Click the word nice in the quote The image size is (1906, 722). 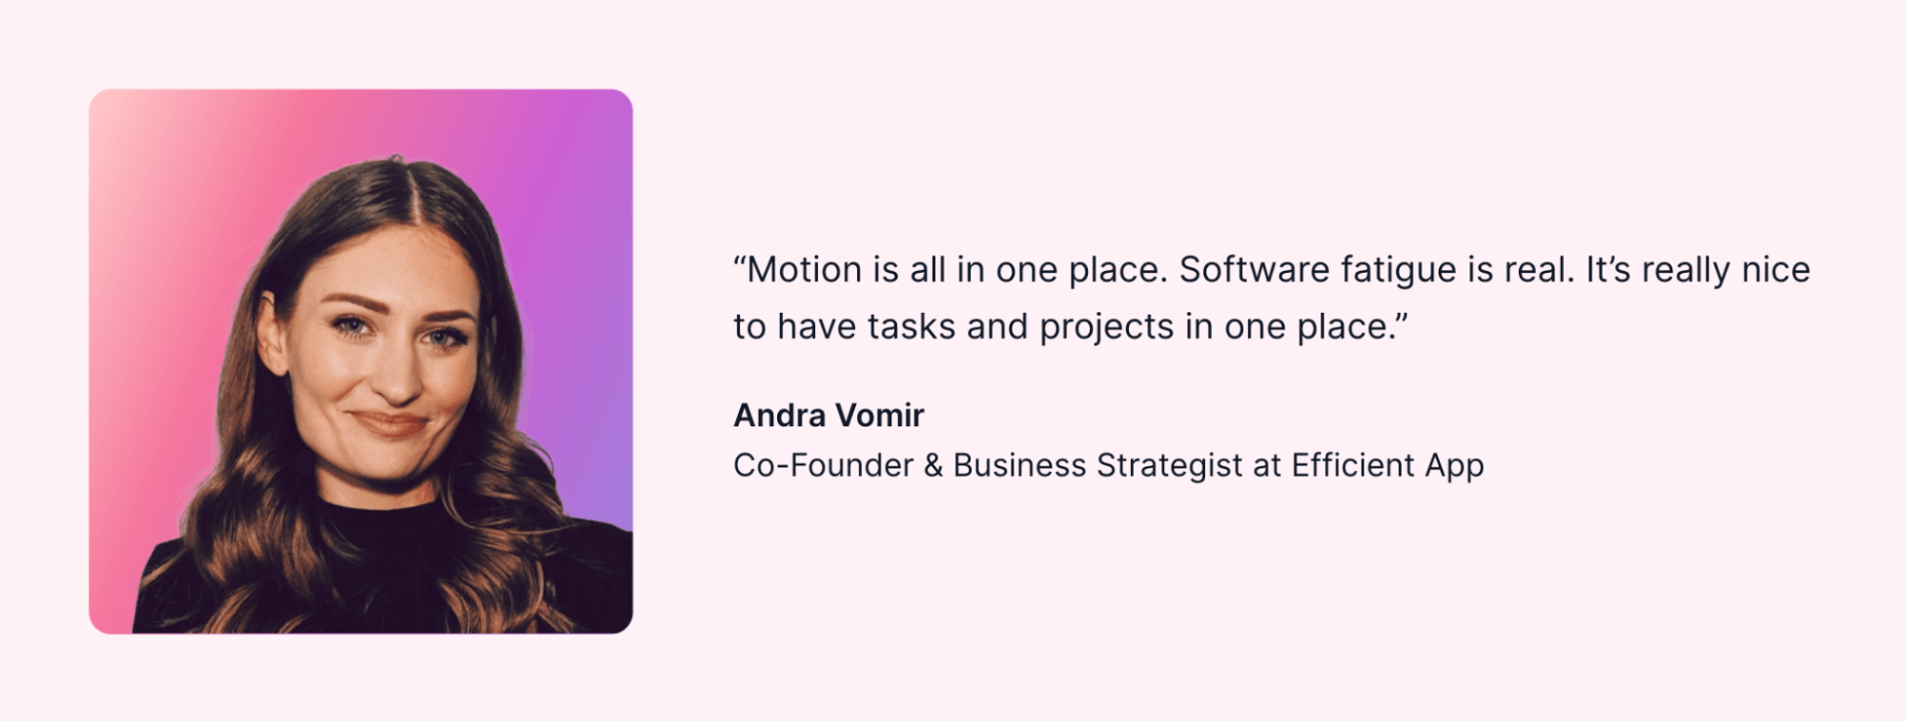pos(1775,270)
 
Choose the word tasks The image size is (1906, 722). pos(911,327)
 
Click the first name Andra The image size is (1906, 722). pos(779,415)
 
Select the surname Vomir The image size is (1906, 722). pos(879,415)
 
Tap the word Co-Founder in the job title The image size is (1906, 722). pos(823,465)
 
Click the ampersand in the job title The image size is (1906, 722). pos(933,465)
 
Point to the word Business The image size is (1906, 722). pos(1019,465)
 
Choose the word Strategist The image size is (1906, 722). pos(1170,466)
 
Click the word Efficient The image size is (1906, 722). pos(1353,465)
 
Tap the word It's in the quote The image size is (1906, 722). pos(1609,270)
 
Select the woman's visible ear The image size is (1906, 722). pos(272,334)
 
